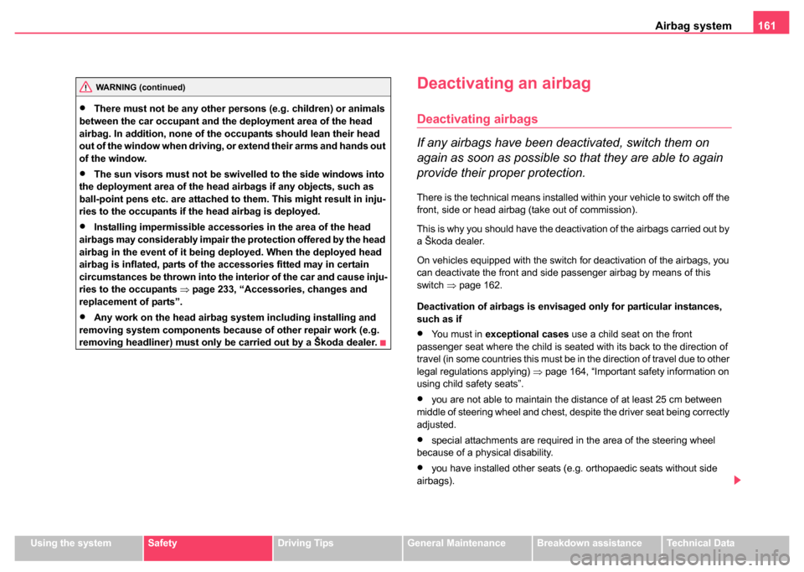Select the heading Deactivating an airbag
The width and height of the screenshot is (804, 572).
click(504, 84)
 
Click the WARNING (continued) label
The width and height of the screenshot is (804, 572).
click(140, 87)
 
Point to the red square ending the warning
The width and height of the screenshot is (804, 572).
click(383, 342)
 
